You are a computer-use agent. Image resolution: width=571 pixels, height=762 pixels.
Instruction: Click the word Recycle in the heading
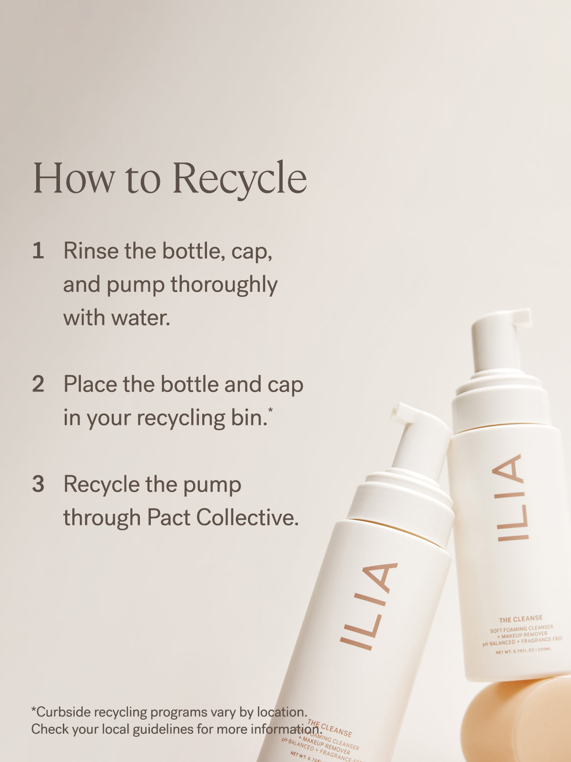point(239,179)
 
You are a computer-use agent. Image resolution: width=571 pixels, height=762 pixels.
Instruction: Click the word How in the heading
point(73,179)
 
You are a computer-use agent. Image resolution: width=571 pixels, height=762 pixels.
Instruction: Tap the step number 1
point(38,251)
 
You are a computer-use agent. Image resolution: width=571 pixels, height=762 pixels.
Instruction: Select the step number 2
point(38,384)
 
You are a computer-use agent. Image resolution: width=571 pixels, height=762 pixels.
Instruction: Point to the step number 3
point(38,484)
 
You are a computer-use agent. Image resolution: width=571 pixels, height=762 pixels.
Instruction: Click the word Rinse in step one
point(90,251)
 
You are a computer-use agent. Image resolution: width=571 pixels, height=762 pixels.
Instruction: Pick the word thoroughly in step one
point(224,285)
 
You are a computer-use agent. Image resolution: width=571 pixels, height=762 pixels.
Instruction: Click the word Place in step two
point(89,384)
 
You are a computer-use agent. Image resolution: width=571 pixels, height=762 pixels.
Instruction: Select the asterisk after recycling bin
point(270,410)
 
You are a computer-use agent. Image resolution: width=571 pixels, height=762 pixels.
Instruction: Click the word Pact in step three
point(168,518)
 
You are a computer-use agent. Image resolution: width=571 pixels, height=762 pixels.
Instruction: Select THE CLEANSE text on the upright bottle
point(521,619)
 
